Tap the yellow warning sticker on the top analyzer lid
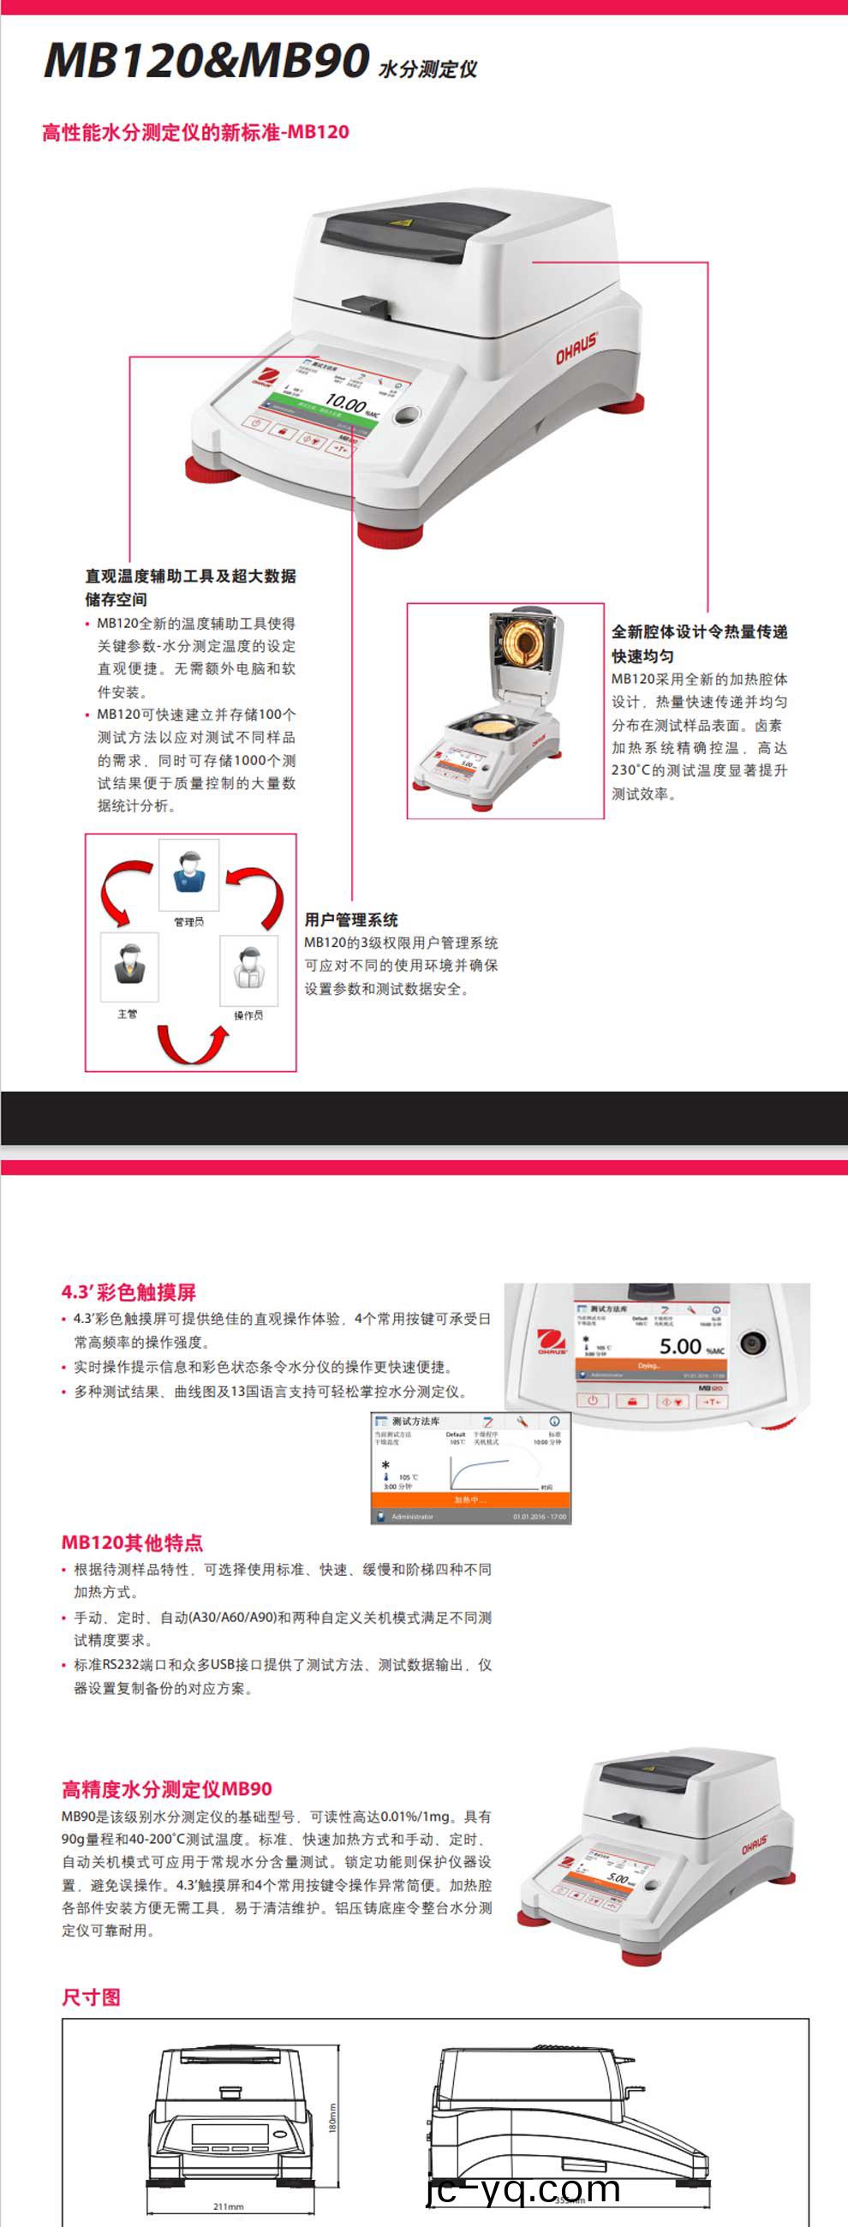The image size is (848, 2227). (x=400, y=222)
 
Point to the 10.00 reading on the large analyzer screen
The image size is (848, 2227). (x=344, y=402)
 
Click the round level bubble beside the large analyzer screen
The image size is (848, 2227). (x=405, y=416)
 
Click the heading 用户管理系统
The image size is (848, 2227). (x=351, y=919)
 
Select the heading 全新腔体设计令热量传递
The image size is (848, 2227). (x=699, y=632)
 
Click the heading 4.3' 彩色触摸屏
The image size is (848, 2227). (x=128, y=1291)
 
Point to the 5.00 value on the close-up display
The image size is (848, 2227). (x=680, y=1346)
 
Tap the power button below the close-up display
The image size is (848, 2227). (x=593, y=1399)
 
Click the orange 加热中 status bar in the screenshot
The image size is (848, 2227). (x=470, y=1499)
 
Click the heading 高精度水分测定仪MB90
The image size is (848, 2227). (x=167, y=1787)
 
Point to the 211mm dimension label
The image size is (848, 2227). (x=228, y=2206)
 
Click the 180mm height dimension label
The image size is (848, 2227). (x=333, y=2117)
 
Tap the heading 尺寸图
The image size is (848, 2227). (x=91, y=1997)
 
